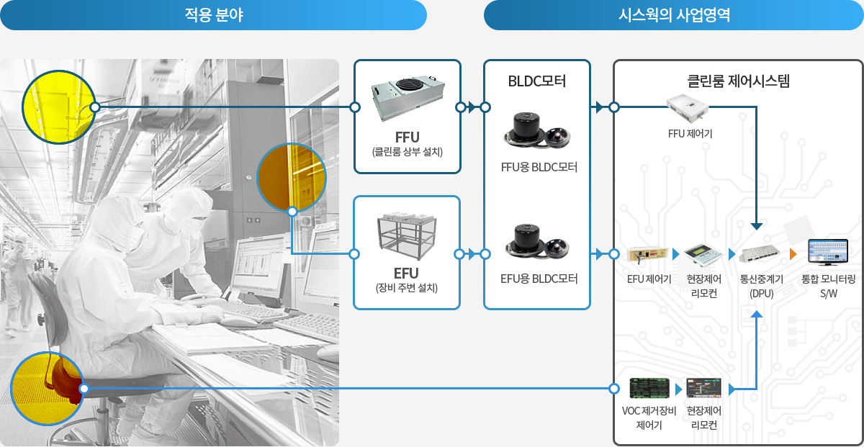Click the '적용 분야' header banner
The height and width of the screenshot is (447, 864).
(213, 15)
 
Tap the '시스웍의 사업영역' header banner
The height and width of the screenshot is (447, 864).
(673, 15)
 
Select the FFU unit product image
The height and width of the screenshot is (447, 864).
(408, 99)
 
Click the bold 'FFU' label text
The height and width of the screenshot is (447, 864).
(407, 137)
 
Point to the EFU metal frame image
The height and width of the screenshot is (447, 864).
(407, 235)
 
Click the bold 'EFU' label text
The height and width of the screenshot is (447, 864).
(406, 274)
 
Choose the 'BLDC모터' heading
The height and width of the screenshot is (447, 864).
(537, 81)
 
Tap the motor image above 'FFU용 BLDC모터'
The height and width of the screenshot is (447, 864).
(537, 130)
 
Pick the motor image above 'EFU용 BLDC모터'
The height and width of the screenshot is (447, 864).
(537, 242)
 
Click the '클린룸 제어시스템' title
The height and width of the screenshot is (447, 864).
(738, 81)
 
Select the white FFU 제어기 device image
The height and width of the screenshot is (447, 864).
(688, 107)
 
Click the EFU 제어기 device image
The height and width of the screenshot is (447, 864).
(647, 255)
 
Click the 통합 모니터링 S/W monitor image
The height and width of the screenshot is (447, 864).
(828, 252)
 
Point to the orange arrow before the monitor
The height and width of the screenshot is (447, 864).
(793, 254)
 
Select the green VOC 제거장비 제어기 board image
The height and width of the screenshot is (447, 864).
(649, 389)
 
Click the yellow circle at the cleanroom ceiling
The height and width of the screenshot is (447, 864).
(58, 107)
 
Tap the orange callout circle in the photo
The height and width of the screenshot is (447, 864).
(292, 178)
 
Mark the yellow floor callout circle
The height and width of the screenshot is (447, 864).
(47, 389)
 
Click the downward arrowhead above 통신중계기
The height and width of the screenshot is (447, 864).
(757, 227)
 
